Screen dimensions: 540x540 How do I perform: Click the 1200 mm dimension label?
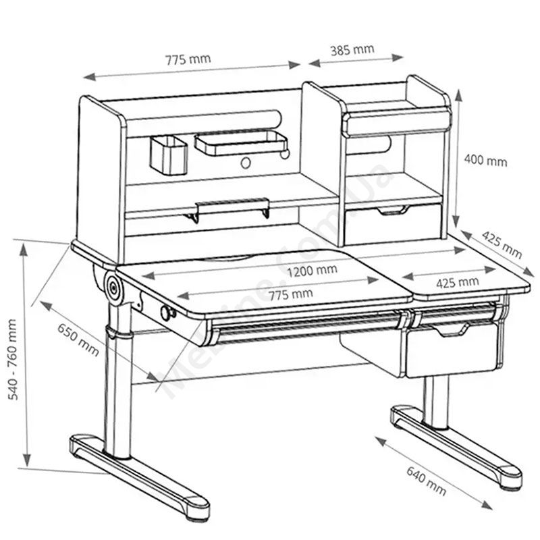point(312,271)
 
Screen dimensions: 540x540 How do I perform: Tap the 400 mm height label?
point(485,161)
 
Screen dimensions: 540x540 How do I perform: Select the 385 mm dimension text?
point(352,50)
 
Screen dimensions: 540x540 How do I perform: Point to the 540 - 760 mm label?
point(13,360)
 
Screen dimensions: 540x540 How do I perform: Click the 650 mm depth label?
point(78,340)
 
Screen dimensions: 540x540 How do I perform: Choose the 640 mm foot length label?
point(427,481)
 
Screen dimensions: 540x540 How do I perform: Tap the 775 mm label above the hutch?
point(188,59)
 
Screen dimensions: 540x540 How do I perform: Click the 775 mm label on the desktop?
point(291,294)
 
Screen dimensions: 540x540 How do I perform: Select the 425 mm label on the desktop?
point(458,282)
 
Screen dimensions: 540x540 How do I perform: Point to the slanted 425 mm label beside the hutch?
point(502,244)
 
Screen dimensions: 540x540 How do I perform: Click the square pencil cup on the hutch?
point(169,155)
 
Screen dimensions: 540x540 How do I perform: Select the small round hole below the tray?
point(246,163)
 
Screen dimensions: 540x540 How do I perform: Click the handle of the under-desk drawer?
point(452,330)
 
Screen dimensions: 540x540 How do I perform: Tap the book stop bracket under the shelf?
point(228,209)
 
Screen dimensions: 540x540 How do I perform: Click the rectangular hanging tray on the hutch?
point(241,143)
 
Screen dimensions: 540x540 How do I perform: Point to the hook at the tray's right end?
point(285,154)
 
